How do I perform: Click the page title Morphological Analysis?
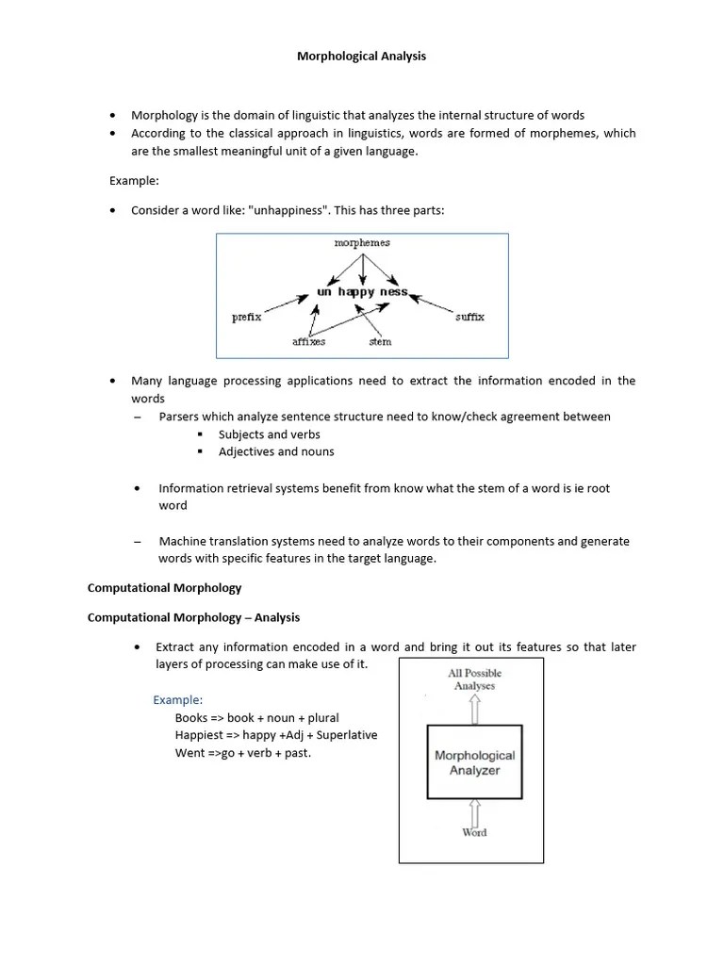tap(361, 57)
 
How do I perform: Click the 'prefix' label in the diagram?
tap(246, 318)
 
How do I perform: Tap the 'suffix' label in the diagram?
tap(469, 318)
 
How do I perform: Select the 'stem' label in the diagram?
tap(380, 342)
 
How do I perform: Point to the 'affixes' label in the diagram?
tap(308, 342)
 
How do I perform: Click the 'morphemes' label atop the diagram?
tap(362, 243)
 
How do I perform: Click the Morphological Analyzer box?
tap(474, 762)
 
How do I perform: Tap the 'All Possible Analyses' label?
tap(474, 679)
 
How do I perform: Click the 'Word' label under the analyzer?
tap(474, 832)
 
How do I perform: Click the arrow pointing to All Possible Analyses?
tap(474, 709)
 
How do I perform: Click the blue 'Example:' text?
tap(178, 699)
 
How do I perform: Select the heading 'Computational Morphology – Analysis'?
tap(193, 617)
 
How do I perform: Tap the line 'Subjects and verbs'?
tap(269, 434)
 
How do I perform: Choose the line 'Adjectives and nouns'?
tap(275, 451)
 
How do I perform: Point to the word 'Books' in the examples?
tap(190, 717)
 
